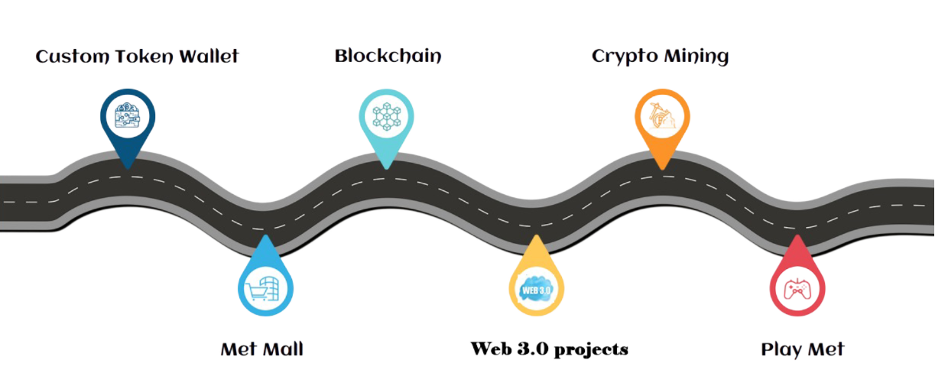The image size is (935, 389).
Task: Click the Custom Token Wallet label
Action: click(138, 57)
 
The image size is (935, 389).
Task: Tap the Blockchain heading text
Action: click(388, 57)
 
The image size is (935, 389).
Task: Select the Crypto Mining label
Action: click(660, 57)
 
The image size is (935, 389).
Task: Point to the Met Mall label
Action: click(261, 350)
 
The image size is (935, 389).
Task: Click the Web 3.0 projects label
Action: click(549, 350)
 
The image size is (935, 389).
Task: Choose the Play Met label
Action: click(803, 350)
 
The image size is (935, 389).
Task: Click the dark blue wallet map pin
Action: click(128, 122)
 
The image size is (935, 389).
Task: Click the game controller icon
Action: click(796, 290)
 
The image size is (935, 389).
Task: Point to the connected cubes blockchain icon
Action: click(386, 115)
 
